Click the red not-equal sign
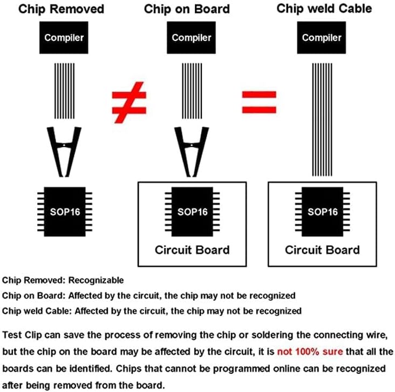point(129,103)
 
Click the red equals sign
point(259,102)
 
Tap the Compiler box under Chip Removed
point(64,38)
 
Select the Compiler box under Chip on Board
point(191,38)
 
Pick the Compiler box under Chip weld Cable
point(322,38)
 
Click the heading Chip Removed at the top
point(61,9)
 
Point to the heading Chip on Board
point(187,9)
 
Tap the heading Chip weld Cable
point(324,9)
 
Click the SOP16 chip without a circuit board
point(65,212)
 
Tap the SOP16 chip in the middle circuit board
point(192,212)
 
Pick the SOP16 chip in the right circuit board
point(323,212)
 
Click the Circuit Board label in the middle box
point(192,250)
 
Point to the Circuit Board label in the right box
point(323,250)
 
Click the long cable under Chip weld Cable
point(322,119)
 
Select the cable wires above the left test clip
point(65,91)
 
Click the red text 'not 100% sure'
point(310,352)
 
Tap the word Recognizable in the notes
point(96,280)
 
